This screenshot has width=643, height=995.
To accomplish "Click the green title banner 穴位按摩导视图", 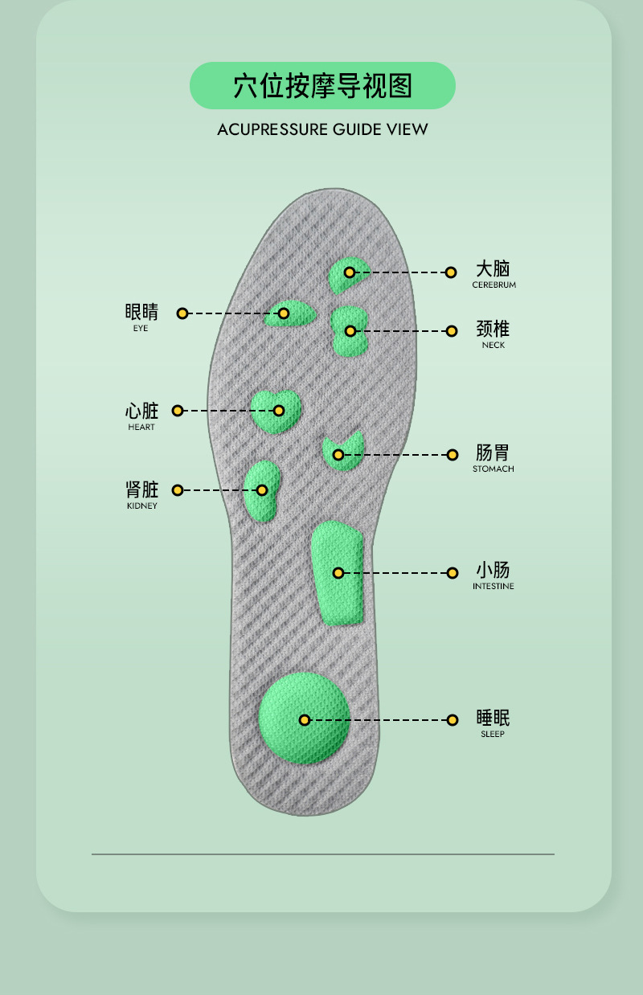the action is (x=322, y=85).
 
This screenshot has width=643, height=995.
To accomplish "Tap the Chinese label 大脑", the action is (x=493, y=268).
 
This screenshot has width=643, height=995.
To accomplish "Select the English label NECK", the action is (x=494, y=346).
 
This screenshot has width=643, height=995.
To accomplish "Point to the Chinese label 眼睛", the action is (x=141, y=312).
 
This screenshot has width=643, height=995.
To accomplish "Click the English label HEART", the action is (x=141, y=428).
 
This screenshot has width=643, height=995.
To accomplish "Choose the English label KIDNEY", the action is (x=141, y=506).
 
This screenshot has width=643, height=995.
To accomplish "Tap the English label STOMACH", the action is (x=494, y=469).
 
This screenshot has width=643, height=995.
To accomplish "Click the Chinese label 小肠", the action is (x=493, y=571).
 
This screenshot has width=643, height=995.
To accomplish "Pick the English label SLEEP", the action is (x=493, y=735).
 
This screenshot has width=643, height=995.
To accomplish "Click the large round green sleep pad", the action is (x=304, y=718).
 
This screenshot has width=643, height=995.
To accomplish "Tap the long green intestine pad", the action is (x=338, y=572).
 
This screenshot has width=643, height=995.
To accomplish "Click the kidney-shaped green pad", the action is (x=261, y=489).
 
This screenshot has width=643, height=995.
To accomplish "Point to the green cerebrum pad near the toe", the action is (x=350, y=273).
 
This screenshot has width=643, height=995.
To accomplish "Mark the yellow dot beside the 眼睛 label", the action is (x=182, y=313).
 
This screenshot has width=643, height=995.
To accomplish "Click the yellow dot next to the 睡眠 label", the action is (x=453, y=720).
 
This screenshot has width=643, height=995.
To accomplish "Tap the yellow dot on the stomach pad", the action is (x=338, y=455).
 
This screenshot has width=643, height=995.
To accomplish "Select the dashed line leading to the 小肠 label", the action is (x=395, y=573).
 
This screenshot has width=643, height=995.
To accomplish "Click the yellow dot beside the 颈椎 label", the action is (x=452, y=331).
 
